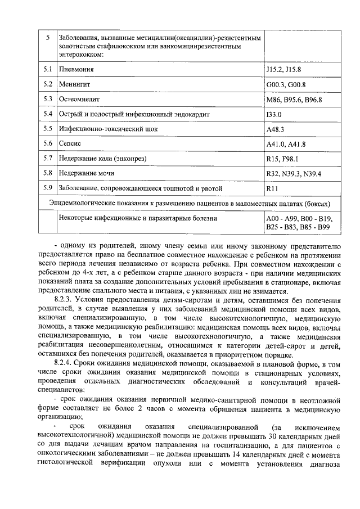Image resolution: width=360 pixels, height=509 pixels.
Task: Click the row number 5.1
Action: (x=48, y=70)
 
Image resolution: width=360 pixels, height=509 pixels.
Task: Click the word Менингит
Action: (x=75, y=85)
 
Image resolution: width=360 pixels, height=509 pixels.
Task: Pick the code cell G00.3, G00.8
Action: (x=286, y=85)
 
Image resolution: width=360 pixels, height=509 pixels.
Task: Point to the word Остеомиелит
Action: (x=79, y=100)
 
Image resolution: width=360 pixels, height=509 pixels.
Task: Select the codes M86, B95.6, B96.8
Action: (x=294, y=100)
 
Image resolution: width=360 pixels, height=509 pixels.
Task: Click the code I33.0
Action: (x=274, y=114)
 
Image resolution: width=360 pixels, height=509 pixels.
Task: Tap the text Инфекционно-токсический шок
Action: (x=109, y=129)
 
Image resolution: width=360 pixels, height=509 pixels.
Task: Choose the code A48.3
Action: (x=275, y=129)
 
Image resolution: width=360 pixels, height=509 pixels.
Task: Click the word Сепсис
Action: (x=71, y=143)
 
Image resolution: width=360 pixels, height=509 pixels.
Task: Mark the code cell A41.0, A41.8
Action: (x=286, y=144)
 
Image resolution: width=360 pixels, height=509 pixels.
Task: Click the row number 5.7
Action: (x=48, y=158)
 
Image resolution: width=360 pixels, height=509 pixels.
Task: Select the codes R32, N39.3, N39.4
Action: (x=293, y=173)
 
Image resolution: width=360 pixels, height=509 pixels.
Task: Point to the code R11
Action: (x=272, y=188)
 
